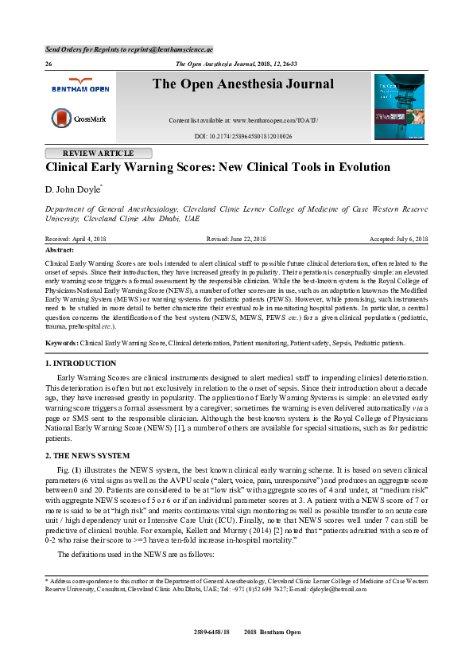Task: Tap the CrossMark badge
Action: pyautogui.click(x=76, y=119)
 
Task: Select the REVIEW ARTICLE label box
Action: pyautogui.click(x=98, y=154)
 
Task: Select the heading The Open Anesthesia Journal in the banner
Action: pyautogui.click(x=243, y=84)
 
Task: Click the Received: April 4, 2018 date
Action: pyautogui.click(x=75, y=239)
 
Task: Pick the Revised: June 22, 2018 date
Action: pyautogui.click(x=235, y=239)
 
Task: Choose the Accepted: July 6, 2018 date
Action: pyautogui.click(x=399, y=239)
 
